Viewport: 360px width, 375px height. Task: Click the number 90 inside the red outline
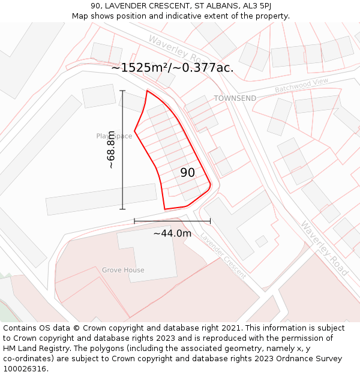click(x=187, y=173)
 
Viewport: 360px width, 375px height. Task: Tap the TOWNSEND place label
click(x=235, y=98)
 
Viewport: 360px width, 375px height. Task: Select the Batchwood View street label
click(x=302, y=85)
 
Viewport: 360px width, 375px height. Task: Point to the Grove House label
click(x=123, y=270)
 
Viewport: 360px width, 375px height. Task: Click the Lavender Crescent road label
click(x=223, y=256)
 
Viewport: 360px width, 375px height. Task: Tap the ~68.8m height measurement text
click(x=111, y=149)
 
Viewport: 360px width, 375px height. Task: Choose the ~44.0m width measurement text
click(x=172, y=233)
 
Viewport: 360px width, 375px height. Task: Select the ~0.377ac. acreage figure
click(x=204, y=68)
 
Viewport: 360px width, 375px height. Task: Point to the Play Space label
click(x=114, y=136)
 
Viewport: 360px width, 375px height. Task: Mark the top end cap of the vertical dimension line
click(x=122, y=91)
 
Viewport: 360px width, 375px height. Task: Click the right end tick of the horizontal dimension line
click(x=210, y=221)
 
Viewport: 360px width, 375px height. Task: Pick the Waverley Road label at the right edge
click(x=325, y=248)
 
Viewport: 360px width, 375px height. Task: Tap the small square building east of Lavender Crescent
click(x=261, y=241)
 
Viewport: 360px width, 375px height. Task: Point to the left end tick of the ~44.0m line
click(x=134, y=221)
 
